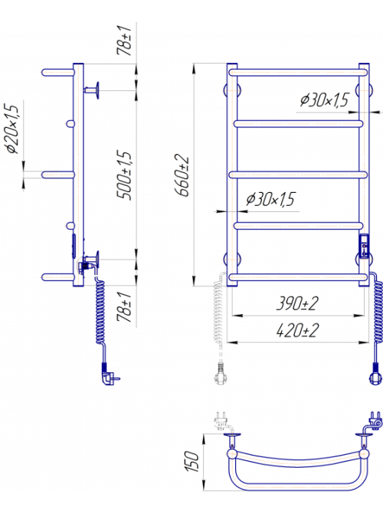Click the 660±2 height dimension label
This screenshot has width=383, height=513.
[182, 175]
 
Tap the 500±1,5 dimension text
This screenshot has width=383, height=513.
[124, 175]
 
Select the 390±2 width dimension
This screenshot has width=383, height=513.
[297, 303]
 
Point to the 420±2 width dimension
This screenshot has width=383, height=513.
[297, 331]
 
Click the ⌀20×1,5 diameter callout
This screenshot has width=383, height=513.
[12, 129]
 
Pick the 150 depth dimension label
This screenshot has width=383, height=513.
[191, 461]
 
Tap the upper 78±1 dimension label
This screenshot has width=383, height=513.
[124, 41]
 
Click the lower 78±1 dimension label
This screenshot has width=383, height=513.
[124, 307]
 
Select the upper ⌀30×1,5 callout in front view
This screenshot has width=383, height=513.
[325, 100]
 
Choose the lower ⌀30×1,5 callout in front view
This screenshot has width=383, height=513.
[270, 199]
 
